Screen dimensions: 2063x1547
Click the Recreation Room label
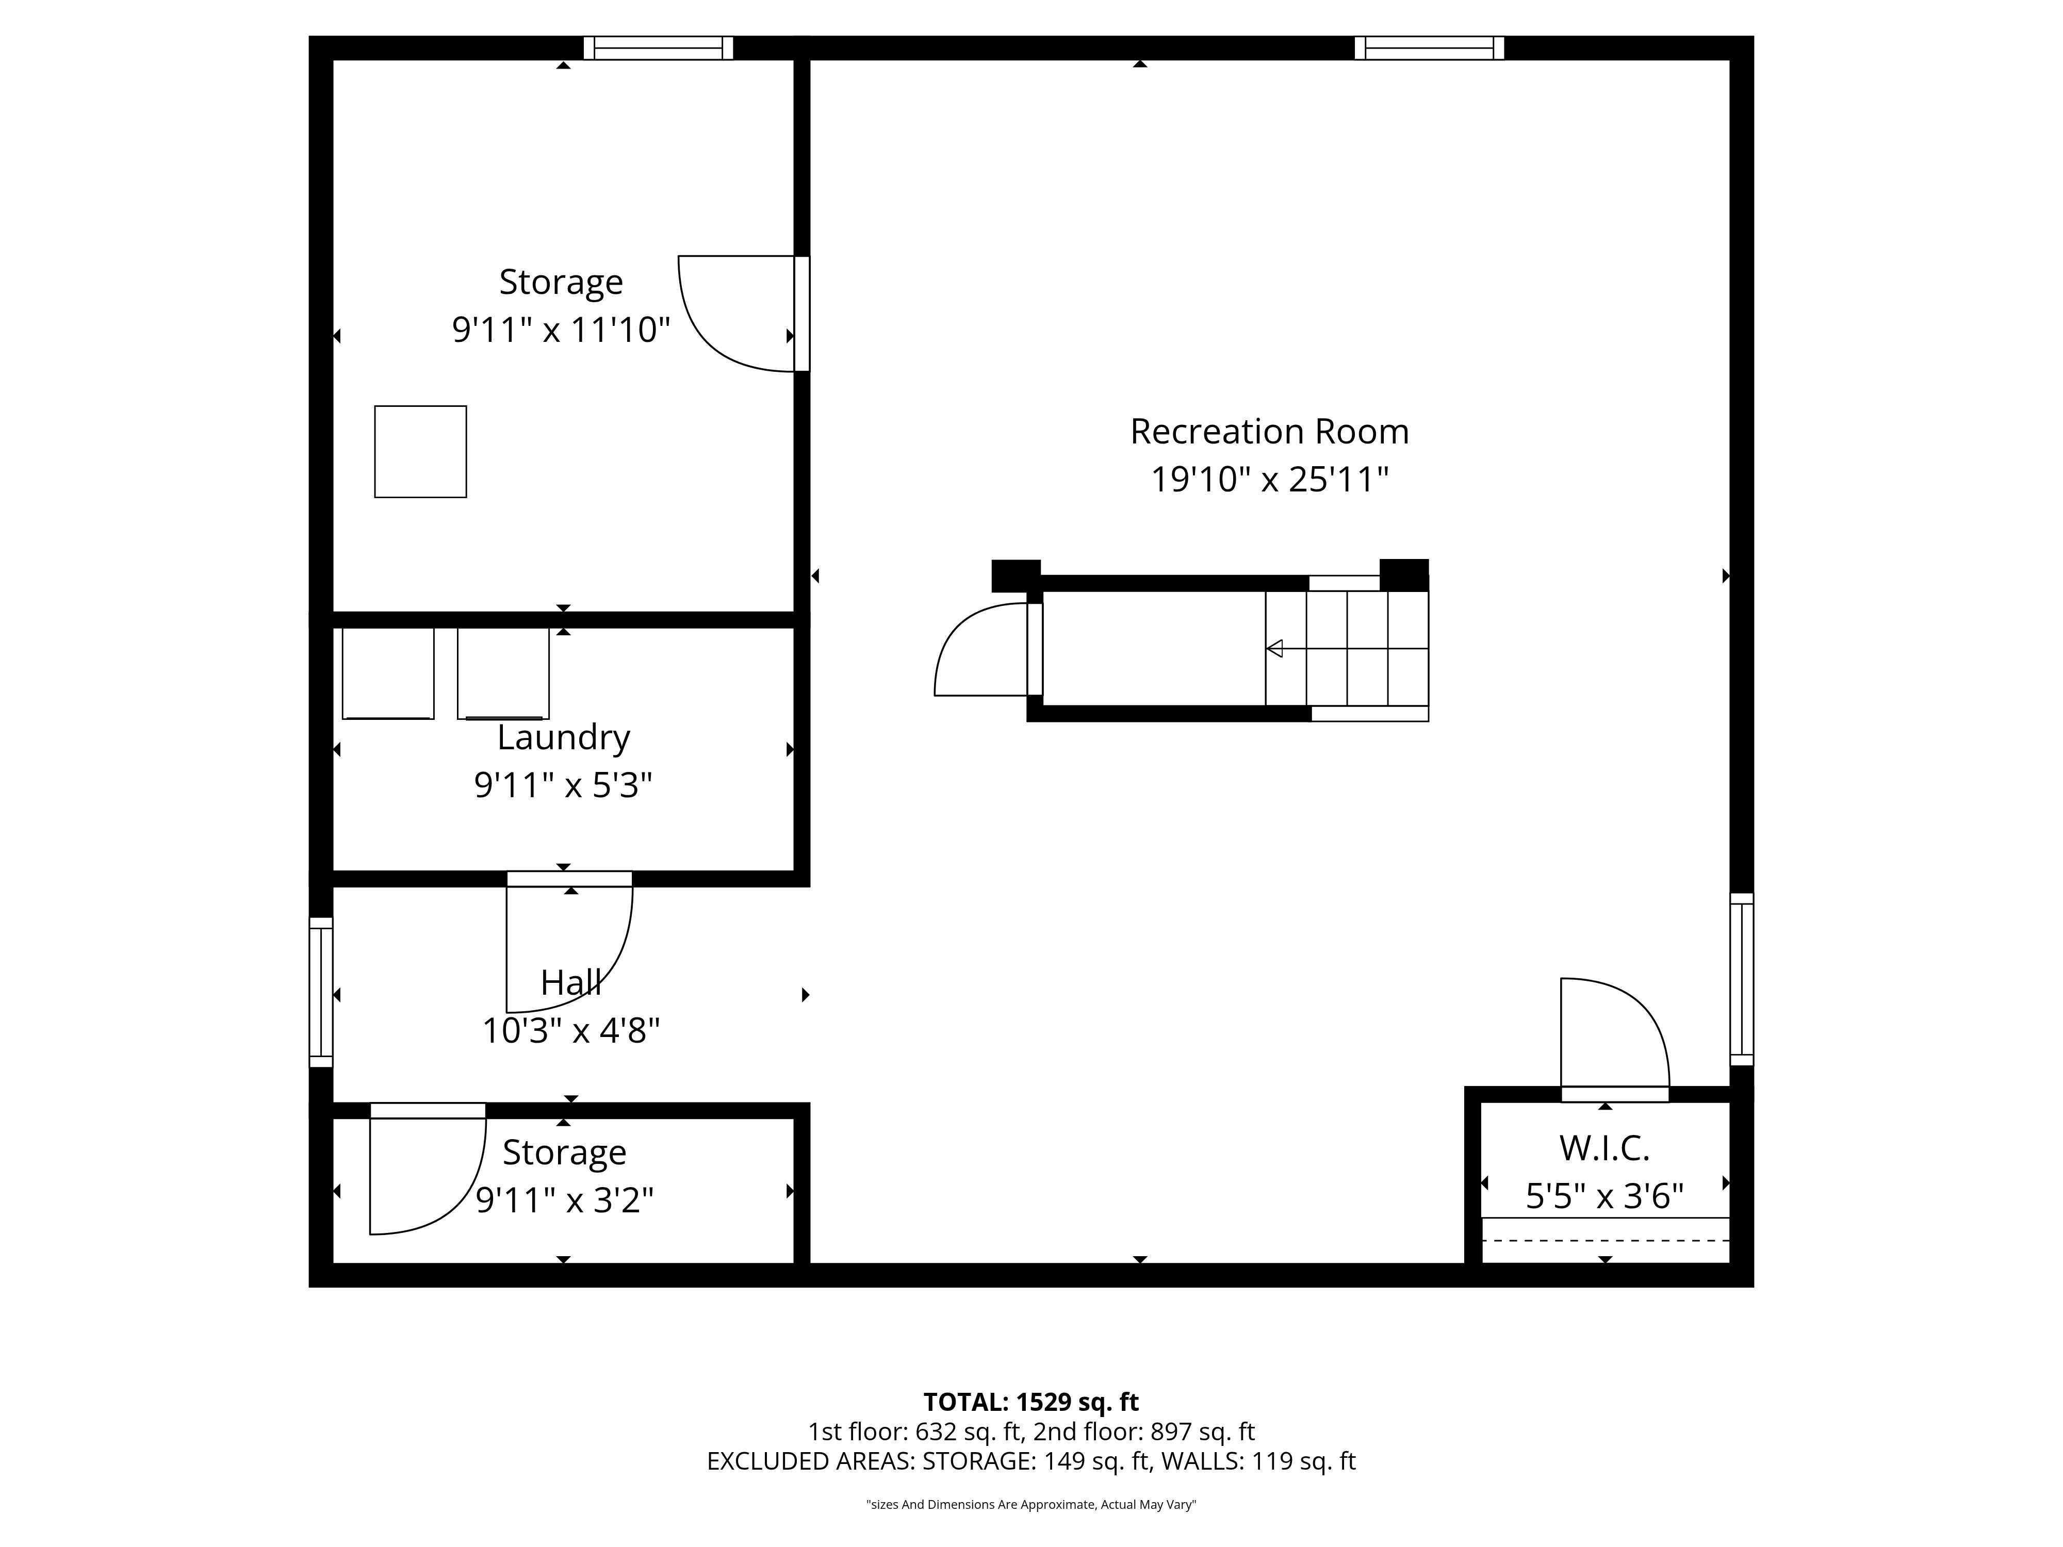coord(1269,432)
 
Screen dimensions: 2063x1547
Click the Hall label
coord(571,983)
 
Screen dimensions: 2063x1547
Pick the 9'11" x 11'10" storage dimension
coord(562,330)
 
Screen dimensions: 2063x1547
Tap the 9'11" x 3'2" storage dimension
coord(564,1200)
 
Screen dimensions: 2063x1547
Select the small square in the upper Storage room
coord(421,451)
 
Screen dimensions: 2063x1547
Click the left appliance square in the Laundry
coord(388,673)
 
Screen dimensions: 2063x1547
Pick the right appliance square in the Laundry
coord(503,673)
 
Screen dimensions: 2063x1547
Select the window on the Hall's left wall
coord(321,992)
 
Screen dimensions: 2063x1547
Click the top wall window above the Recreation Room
coord(1429,47)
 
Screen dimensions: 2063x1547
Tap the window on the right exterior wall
coord(1741,979)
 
